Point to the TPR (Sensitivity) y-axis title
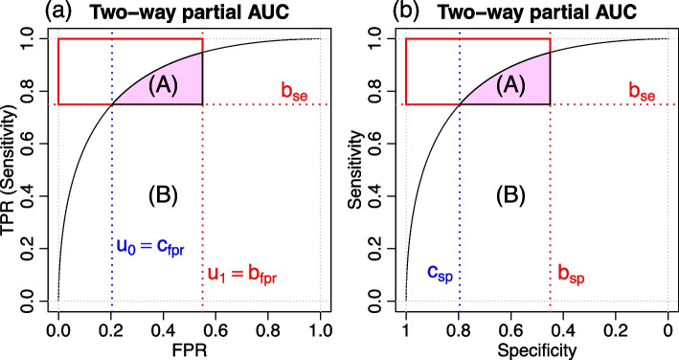(x=11, y=170)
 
